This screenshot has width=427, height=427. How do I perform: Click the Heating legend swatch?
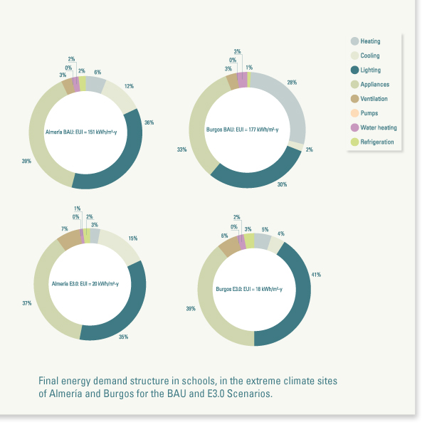pos(354,41)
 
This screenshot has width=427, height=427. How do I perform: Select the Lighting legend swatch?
pos(354,70)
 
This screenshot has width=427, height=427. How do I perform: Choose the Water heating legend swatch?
pos(354,127)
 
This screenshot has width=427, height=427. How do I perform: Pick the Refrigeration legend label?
pos(376,142)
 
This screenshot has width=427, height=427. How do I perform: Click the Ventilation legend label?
pos(375,99)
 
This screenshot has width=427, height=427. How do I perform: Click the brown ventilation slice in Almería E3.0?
pos(70,239)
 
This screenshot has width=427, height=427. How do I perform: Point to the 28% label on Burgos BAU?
pos(291,83)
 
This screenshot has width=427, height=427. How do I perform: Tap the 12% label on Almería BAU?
pos(129,86)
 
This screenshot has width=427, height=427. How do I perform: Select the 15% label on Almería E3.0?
pos(133,238)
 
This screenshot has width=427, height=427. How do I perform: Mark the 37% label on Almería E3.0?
pos(27,302)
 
